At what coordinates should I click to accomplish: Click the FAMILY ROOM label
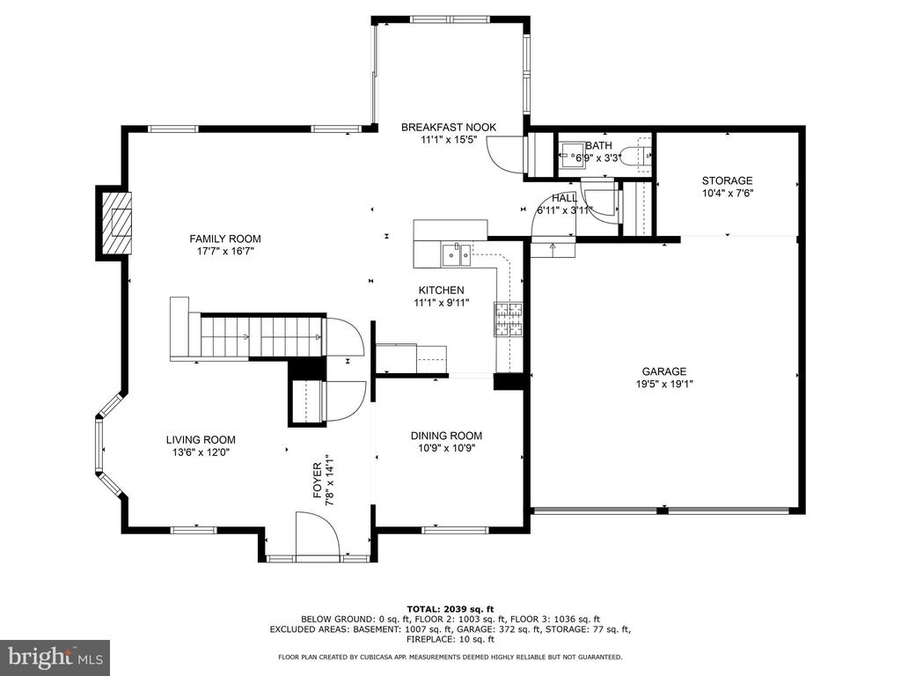tap(225, 239)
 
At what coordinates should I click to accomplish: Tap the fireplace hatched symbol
tap(117, 223)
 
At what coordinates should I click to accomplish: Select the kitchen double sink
tap(457, 254)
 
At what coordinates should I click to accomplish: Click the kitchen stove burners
tap(508, 319)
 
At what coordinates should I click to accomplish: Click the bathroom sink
tap(572, 155)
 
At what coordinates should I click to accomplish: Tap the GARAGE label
tap(664, 371)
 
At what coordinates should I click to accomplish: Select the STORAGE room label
tap(727, 180)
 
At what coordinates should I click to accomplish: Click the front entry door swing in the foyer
tap(317, 535)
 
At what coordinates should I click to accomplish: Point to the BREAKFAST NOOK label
tap(449, 127)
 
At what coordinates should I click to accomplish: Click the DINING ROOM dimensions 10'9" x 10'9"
tap(446, 448)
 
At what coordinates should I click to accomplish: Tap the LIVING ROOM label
tap(201, 440)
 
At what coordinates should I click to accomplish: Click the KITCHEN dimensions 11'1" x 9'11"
tap(442, 303)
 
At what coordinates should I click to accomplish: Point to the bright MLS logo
tap(55, 657)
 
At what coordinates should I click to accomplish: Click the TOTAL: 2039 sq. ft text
tap(450, 609)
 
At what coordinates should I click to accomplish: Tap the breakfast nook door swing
tap(504, 153)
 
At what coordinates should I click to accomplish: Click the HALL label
tap(565, 198)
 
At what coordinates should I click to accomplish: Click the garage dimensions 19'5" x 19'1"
tap(664, 384)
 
